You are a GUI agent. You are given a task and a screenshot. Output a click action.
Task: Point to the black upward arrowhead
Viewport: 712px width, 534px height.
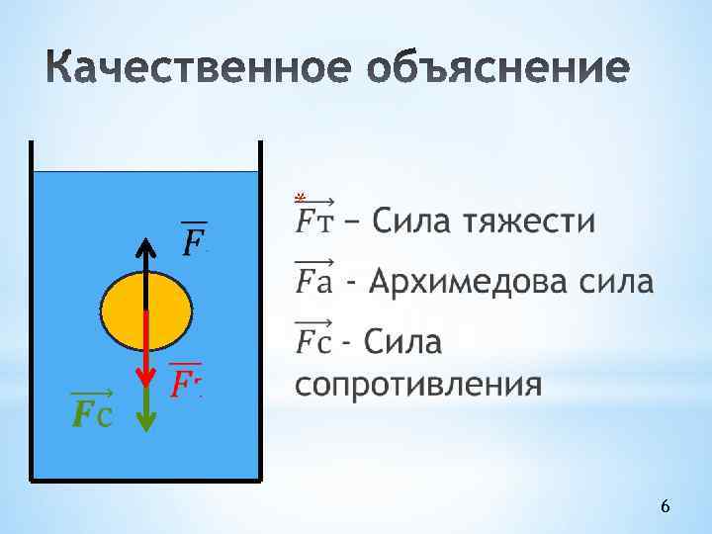pyautogui.click(x=146, y=247)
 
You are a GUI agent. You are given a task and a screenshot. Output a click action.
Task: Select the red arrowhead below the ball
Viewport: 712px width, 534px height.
pyautogui.click(x=146, y=380)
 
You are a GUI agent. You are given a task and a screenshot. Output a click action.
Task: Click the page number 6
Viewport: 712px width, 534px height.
pyautogui.click(x=665, y=506)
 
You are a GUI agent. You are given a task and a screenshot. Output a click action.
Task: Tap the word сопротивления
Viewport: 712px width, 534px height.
pyautogui.click(x=418, y=384)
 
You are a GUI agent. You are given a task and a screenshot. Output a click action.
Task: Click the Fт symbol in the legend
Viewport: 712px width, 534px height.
pyautogui.click(x=314, y=220)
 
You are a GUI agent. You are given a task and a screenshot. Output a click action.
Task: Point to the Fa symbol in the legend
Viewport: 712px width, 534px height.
pyautogui.click(x=314, y=282)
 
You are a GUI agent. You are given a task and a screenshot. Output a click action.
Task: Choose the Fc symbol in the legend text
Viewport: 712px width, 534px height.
pyautogui.click(x=314, y=342)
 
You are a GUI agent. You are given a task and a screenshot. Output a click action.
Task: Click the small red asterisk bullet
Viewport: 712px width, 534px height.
pyautogui.click(x=299, y=196)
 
